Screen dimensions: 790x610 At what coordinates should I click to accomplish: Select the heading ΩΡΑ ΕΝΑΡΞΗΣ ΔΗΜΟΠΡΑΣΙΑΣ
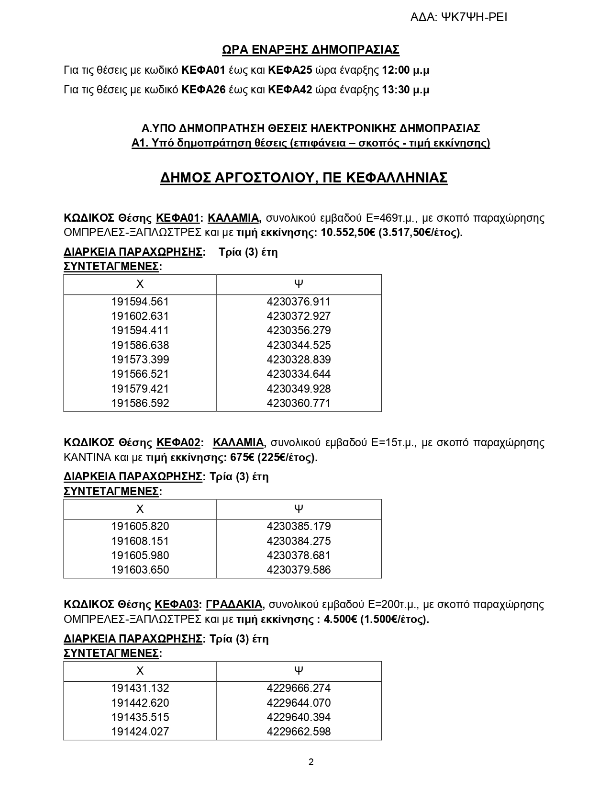click(x=311, y=50)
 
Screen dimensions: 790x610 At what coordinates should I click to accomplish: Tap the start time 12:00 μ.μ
click(x=405, y=70)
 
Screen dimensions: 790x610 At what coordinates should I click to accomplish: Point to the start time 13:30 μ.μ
click(x=405, y=90)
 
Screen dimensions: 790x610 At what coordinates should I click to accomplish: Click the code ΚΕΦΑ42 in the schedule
click(x=290, y=90)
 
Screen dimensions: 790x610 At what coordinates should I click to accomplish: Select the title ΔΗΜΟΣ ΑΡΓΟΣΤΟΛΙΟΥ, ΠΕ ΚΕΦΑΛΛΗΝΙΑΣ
click(x=304, y=178)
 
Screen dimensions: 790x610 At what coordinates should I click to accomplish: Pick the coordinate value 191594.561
click(x=140, y=302)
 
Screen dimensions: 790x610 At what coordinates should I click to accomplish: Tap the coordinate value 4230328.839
click(x=299, y=360)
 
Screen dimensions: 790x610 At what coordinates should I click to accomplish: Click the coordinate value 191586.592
click(x=140, y=403)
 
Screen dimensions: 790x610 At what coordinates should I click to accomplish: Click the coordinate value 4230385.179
click(x=299, y=527)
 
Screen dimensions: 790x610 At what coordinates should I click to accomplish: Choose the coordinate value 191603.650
click(x=140, y=570)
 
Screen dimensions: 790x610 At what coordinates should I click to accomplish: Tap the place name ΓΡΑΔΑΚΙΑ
click(x=234, y=605)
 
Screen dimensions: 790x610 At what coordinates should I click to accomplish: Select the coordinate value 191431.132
click(x=140, y=688)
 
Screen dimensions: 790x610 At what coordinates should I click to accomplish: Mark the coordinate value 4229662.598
click(x=299, y=732)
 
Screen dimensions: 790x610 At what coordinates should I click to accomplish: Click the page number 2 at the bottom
click(x=311, y=762)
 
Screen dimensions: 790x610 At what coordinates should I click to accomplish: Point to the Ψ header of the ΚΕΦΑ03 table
click(x=299, y=670)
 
